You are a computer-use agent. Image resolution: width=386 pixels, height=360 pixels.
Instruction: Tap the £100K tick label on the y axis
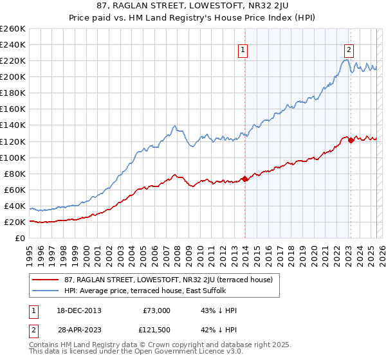pyautogui.click(x=13, y=157)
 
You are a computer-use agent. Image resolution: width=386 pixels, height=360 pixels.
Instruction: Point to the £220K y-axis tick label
pyautogui.click(x=13, y=60)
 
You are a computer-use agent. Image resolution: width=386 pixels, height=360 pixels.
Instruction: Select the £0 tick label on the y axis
pyautogui.click(x=21, y=238)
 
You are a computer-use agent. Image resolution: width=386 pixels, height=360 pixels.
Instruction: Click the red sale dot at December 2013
pyautogui.click(x=244, y=179)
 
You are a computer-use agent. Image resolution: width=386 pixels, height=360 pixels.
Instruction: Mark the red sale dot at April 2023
pyautogui.click(x=351, y=140)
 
